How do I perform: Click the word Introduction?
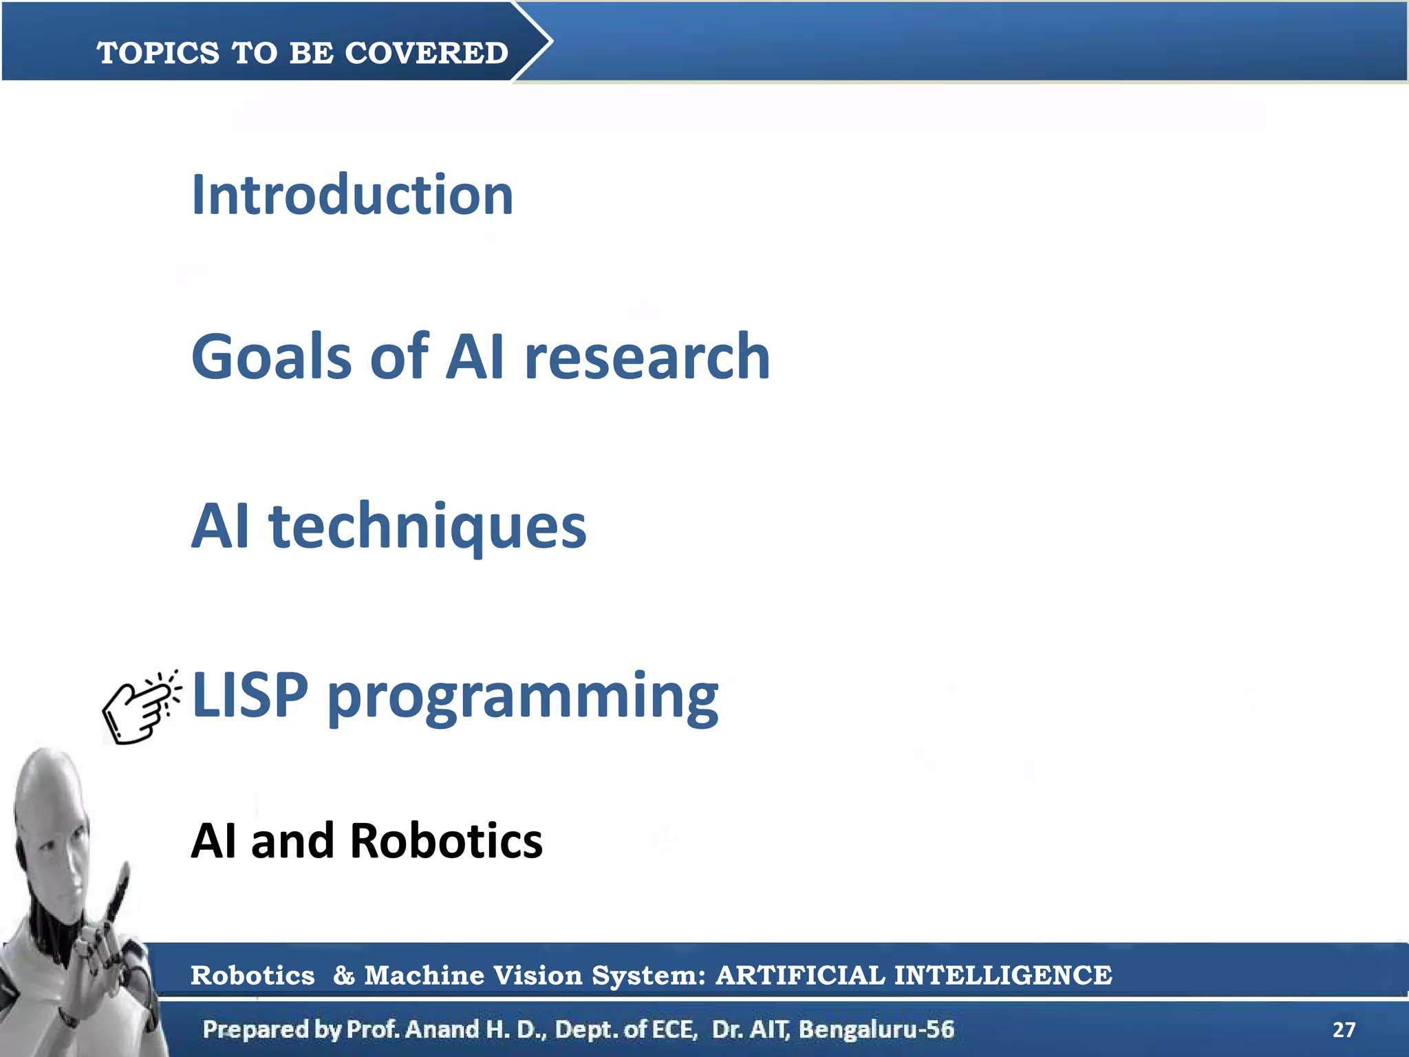coord(352,195)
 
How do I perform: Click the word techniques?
coord(427,526)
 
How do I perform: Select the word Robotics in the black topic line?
coord(446,841)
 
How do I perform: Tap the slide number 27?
coord(1344,1029)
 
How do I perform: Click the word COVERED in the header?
coord(426,53)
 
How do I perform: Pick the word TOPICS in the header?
coord(158,53)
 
